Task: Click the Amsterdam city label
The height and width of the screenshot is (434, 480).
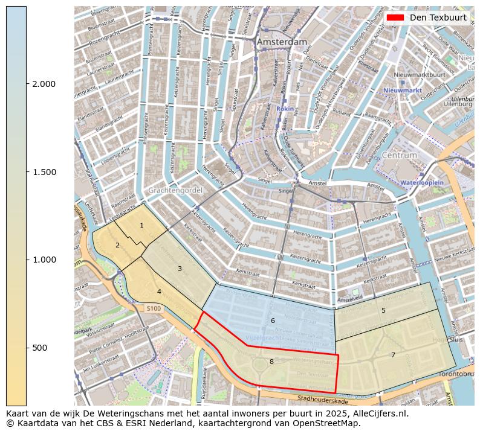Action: (x=282, y=42)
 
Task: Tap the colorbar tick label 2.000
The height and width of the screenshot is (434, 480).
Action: (x=44, y=84)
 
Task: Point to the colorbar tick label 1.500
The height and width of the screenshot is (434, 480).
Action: (x=44, y=172)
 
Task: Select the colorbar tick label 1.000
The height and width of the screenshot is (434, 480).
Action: (x=44, y=260)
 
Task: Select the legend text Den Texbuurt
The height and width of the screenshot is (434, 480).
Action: (x=438, y=18)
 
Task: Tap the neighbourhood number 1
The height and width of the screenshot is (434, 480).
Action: (x=141, y=226)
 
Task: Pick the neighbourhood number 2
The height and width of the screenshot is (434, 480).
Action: (x=117, y=245)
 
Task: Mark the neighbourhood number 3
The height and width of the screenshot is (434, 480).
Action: (x=180, y=269)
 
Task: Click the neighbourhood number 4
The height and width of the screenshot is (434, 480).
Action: (x=159, y=292)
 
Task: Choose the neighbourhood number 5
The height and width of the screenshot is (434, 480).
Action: (x=383, y=310)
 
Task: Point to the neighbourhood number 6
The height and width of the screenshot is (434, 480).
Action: (x=273, y=321)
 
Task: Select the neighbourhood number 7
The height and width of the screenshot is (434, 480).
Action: (x=393, y=355)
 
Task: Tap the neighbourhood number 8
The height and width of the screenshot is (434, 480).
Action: (x=271, y=362)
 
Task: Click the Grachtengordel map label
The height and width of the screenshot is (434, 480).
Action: (x=171, y=190)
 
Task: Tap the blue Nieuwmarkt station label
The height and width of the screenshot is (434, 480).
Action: (x=402, y=91)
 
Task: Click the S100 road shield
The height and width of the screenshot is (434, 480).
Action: (x=154, y=308)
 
